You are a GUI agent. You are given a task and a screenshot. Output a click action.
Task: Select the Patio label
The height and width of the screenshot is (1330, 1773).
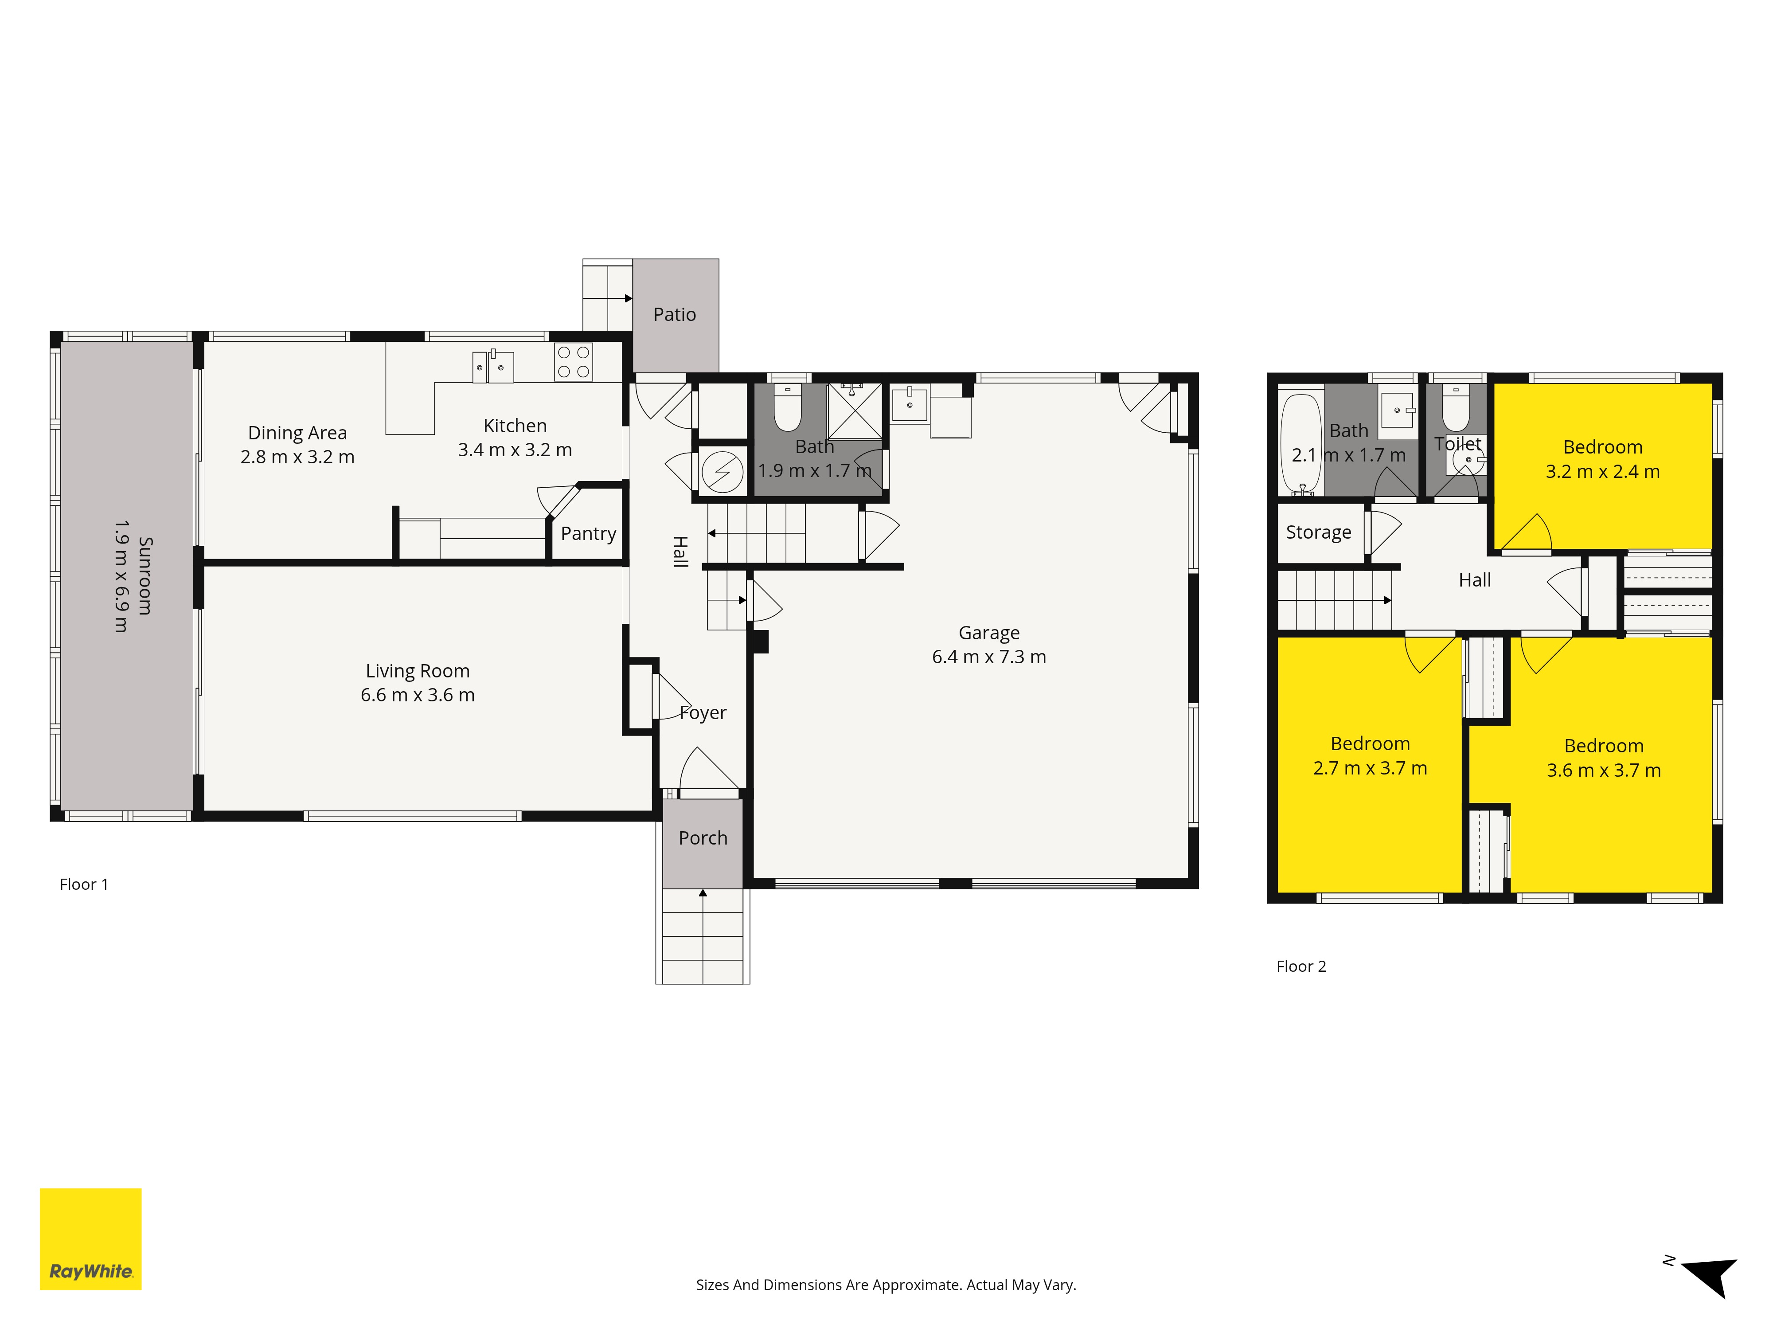[x=675, y=314]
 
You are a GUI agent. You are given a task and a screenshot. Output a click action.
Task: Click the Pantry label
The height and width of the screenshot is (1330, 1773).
[x=588, y=534]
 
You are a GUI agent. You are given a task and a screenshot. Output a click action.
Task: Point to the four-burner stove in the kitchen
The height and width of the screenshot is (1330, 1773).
[x=573, y=362]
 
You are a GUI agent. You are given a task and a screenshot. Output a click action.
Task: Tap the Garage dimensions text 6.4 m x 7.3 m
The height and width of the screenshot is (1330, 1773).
[x=989, y=657]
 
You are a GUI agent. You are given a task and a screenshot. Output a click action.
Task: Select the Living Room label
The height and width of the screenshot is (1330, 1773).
[x=418, y=671]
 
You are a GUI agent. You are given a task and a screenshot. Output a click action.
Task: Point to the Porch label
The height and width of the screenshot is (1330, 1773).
[x=703, y=838]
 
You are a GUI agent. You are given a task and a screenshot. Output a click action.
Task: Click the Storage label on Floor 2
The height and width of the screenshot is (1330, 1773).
[x=1319, y=532]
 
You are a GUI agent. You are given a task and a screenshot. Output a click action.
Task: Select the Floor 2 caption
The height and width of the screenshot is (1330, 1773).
[x=1301, y=966]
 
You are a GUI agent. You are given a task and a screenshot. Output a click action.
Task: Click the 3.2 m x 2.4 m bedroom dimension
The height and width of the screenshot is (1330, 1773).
[x=1602, y=471]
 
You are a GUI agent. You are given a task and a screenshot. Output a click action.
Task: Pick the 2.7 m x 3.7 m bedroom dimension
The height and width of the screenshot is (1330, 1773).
[x=1370, y=768]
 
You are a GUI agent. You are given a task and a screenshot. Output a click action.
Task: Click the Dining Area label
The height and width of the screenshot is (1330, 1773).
[x=297, y=433]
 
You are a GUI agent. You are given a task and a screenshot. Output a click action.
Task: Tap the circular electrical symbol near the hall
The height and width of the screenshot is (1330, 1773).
[x=722, y=472]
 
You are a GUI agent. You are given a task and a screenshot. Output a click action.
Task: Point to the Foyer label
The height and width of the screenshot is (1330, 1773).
[x=703, y=713]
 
